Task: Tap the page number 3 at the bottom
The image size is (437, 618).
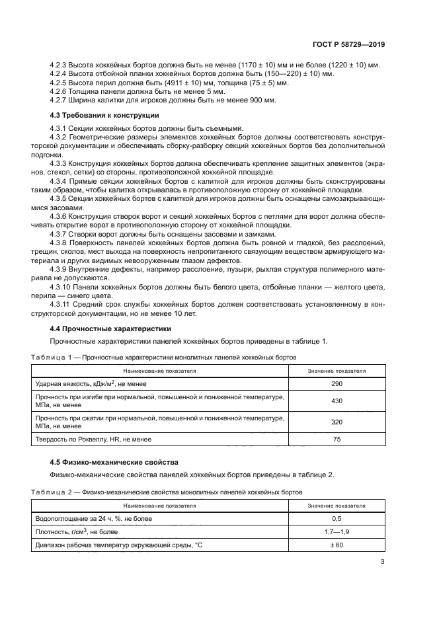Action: [x=382, y=562]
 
